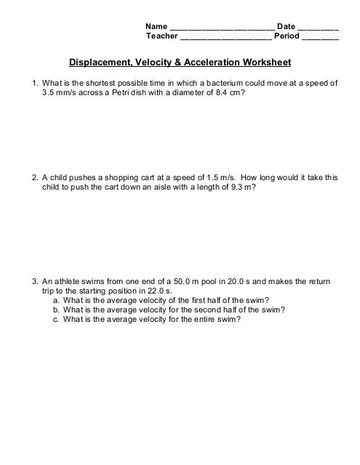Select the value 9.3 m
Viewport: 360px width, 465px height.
coord(240,187)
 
